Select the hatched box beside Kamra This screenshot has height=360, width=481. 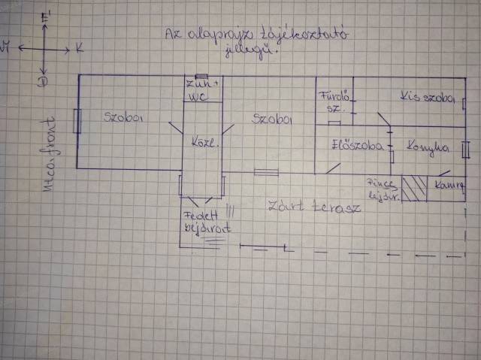click(413, 189)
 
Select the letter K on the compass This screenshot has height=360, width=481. click(80, 47)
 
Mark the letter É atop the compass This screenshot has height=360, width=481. click(47, 14)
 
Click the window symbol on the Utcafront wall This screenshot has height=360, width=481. click(77, 120)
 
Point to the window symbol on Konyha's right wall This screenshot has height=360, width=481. click(466, 149)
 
